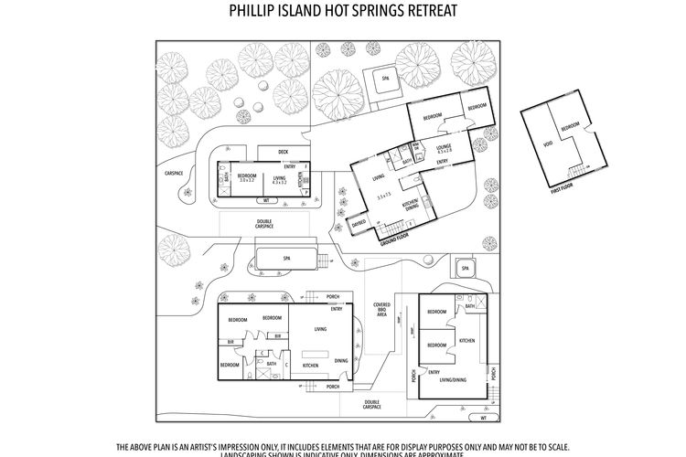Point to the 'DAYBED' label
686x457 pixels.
359,222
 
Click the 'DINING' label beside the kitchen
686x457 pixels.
340,362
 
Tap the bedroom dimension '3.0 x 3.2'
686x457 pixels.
246,181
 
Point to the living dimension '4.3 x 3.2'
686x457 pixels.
281,181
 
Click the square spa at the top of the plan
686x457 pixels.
381,81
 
